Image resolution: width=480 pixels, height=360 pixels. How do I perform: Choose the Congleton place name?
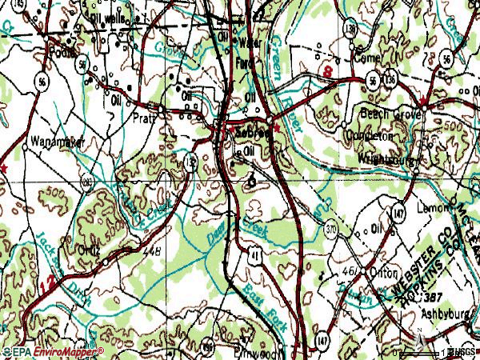click(369, 136)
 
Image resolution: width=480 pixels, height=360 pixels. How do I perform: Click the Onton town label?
click(384, 273)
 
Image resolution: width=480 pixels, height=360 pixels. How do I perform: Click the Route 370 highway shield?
click(330, 230)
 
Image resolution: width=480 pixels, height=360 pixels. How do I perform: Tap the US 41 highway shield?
click(254, 254)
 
